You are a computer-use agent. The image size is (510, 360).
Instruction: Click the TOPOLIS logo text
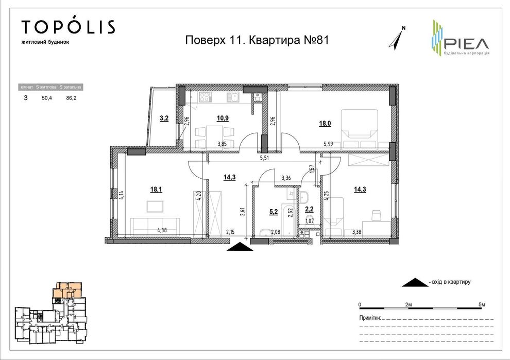pyautogui.click(x=68, y=27)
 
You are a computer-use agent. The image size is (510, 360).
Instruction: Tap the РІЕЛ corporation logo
pyautogui.click(x=460, y=38)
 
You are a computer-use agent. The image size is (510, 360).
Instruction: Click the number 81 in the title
pyautogui.click(x=320, y=40)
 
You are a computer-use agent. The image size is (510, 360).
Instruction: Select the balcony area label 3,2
pyautogui.click(x=164, y=118)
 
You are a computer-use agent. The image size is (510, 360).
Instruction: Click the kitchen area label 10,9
pyautogui.click(x=223, y=118)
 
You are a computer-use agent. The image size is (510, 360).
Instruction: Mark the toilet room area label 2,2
pyautogui.click(x=309, y=209)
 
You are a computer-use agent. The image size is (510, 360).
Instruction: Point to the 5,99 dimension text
pyautogui.click(x=329, y=145)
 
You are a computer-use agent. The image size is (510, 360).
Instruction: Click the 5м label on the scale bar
pyautogui.click(x=482, y=305)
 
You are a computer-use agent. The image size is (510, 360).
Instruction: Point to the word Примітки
pyautogui.click(x=370, y=318)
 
